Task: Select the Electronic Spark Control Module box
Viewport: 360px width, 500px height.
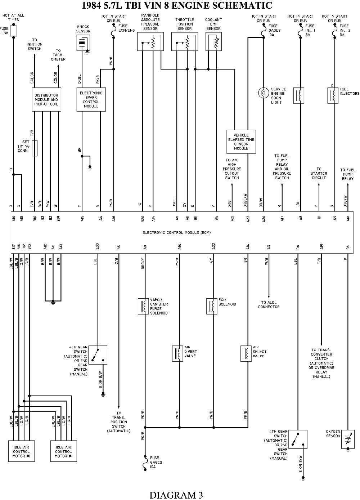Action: tap(91, 99)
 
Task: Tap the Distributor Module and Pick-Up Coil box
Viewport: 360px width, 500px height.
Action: tap(46, 99)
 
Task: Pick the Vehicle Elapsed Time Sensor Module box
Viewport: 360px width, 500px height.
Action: tap(241, 142)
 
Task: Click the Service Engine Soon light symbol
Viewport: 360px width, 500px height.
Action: tap(264, 93)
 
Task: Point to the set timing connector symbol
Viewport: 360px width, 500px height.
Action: tap(35, 148)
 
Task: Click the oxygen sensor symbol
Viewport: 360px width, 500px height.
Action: tap(347, 439)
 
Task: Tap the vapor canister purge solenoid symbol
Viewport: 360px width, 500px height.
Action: tap(144, 306)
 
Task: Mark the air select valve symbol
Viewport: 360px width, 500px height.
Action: tap(246, 353)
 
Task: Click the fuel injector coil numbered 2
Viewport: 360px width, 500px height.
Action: tap(333, 95)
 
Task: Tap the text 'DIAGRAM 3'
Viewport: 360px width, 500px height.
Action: tap(176, 495)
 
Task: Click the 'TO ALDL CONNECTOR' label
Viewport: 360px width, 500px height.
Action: tap(269, 305)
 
